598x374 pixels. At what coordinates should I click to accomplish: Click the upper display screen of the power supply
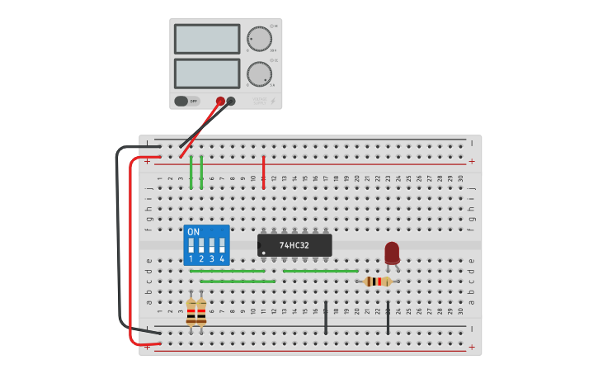[207, 39]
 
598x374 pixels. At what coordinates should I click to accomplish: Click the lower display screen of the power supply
[207, 73]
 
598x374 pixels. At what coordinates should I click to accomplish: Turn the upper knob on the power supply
[259, 39]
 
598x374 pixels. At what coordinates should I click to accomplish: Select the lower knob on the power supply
[259, 73]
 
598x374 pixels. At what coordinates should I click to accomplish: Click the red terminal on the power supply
[220, 102]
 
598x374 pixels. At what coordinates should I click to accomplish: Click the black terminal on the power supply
[231, 102]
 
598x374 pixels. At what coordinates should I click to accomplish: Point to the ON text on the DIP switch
[194, 232]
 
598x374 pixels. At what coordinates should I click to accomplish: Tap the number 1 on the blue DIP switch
[191, 258]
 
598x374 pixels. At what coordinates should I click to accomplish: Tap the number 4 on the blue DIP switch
[222, 258]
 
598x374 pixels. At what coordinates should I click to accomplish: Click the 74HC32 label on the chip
[294, 245]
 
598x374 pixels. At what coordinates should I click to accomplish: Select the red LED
[392, 251]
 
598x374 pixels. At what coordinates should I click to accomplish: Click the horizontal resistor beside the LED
[378, 282]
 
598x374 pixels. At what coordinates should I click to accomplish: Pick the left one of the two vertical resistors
[191, 312]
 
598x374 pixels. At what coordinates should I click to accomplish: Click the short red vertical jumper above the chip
[264, 172]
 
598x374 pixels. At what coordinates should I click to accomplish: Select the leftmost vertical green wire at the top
[191, 172]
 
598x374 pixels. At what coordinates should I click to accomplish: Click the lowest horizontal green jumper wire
[238, 282]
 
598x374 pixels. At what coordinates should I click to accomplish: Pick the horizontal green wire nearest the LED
[320, 271]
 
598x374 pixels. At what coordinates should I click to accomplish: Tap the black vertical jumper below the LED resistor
[388, 318]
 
